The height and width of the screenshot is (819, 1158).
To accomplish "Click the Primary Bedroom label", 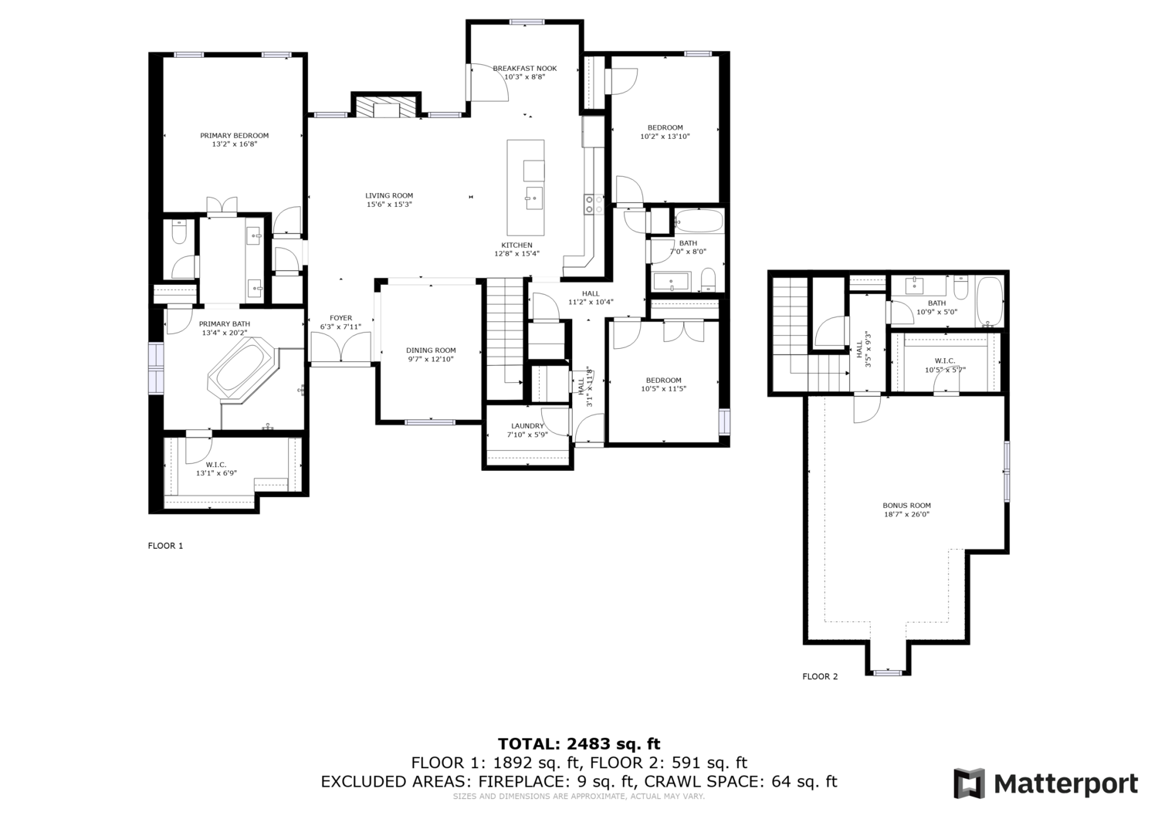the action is coord(234,135).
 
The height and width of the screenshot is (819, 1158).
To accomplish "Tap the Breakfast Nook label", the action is coord(525,68).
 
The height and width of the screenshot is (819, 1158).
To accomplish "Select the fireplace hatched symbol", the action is coord(386,107).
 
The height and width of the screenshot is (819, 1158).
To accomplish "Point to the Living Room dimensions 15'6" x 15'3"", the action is coord(389,205).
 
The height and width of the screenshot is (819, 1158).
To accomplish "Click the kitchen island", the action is coord(525,188).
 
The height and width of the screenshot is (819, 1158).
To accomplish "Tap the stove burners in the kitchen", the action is coord(594,204).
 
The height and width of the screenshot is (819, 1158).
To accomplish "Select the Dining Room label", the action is coord(431,350).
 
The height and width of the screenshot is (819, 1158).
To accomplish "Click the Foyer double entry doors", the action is coord(340,347).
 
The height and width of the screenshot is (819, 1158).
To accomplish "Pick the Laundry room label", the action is coord(527,426).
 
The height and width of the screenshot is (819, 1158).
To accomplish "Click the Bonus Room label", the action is coord(907,505).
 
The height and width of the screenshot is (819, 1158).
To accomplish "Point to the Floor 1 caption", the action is coord(165,546).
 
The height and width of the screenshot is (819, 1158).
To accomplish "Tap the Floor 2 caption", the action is coord(820,676).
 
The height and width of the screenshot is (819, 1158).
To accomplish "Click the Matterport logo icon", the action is coord(970,783).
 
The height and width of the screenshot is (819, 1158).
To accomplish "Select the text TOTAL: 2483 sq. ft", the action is coord(579,744).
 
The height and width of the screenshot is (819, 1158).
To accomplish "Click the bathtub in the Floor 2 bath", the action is coord(990,301).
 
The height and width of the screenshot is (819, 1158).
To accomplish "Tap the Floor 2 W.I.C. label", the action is coord(945,361).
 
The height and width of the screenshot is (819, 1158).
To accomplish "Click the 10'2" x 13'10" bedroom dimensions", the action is coord(665,137).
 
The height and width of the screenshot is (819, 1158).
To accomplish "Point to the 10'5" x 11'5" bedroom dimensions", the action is coord(663,389).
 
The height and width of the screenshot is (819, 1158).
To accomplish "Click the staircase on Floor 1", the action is coord(506,339).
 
